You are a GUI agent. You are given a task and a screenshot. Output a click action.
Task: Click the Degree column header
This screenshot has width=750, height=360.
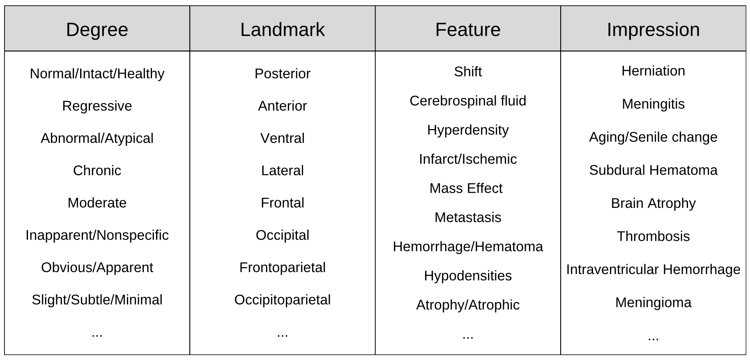[x=97, y=30]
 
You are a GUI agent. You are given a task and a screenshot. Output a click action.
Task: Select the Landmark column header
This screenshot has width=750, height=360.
[x=282, y=30]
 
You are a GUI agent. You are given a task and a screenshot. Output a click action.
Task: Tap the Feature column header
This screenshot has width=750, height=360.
[x=467, y=30]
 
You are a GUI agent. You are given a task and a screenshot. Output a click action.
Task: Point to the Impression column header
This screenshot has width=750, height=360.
[x=653, y=30]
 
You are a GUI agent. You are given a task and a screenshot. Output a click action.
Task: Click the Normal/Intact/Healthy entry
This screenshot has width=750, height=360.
[x=97, y=74]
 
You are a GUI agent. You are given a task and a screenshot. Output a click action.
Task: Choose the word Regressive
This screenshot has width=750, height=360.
[x=97, y=106]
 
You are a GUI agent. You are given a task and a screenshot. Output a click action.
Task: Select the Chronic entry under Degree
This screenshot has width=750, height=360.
[x=97, y=171]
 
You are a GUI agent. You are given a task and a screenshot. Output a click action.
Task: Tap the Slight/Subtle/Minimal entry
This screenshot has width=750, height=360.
[x=97, y=300]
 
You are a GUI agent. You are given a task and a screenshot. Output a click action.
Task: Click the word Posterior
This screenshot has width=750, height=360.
[x=282, y=74]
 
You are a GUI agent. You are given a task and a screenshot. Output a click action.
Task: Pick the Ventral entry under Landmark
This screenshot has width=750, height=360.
[x=282, y=138]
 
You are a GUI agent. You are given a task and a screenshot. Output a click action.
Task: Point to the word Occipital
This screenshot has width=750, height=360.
[x=282, y=235]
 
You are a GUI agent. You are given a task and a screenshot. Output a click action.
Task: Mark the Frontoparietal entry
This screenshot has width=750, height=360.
[x=282, y=268]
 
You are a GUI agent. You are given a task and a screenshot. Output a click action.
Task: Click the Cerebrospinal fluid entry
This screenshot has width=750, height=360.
[x=467, y=101]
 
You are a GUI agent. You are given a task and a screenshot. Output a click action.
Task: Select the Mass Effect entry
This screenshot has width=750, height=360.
[x=466, y=188]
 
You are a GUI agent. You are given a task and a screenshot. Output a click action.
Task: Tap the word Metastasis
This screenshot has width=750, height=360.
[x=467, y=217]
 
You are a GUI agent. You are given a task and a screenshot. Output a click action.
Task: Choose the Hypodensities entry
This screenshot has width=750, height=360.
[x=467, y=275]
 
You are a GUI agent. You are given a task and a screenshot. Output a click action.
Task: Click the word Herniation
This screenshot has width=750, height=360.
[x=653, y=71]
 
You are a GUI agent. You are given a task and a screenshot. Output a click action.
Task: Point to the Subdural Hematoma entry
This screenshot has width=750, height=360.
[x=653, y=170]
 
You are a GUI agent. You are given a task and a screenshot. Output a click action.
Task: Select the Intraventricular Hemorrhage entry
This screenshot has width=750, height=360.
[x=653, y=269]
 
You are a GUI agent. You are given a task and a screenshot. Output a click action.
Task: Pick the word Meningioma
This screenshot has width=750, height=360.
[x=653, y=302]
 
